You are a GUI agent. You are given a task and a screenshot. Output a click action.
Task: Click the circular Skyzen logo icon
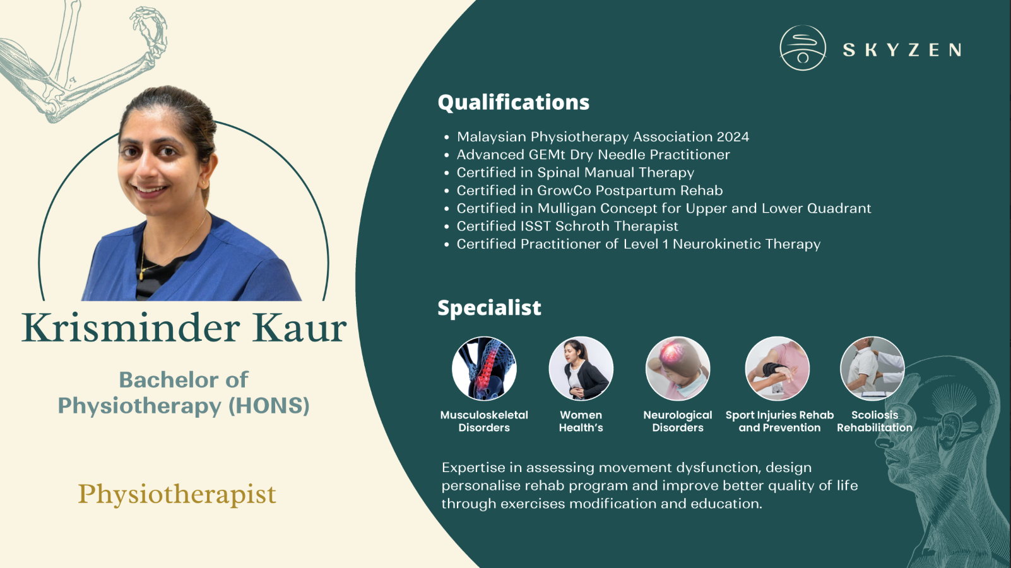(x=803, y=48)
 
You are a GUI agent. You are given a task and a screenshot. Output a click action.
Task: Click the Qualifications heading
(x=513, y=102)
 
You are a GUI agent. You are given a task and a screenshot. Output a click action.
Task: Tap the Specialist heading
(x=489, y=307)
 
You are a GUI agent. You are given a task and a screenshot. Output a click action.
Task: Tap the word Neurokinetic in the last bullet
(x=716, y=244)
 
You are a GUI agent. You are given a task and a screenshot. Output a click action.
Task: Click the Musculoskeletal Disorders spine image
(x=484, y=369)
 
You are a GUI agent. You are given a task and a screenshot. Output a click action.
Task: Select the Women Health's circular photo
(x=581, y=369)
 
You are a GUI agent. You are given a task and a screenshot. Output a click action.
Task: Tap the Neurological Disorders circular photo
(x=678, y=369)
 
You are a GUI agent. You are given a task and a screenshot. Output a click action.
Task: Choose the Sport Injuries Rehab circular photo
(x=777, y=369)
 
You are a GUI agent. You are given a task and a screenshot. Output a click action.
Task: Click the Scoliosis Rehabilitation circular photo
(x=872, y=369)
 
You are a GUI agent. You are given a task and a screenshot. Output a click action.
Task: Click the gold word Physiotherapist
(x=177, y=494)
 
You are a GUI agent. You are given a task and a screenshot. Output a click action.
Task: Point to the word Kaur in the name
(x=299, y=328)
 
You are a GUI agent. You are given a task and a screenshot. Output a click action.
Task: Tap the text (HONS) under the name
(x=269, y=405)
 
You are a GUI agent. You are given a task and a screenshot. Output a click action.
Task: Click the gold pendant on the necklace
(x=141, y=275)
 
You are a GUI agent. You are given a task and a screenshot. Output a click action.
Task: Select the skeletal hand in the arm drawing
(x=150, y=27)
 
